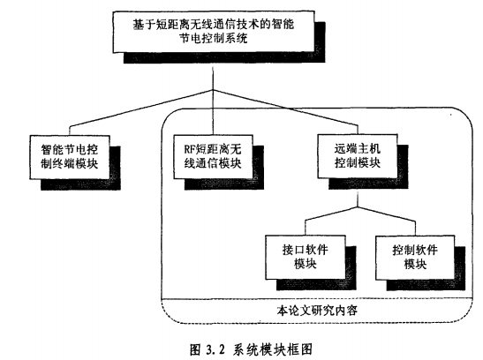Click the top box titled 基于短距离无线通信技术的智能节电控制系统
[x=214, y=32]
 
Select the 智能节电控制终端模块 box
[x=70, y=157]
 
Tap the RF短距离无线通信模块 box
[x=213, y=156]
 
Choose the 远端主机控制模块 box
[x=358, y=156]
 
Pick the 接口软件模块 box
[x=306, y=258]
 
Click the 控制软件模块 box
[x=415, y=258]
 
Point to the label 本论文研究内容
[x=317, y=311]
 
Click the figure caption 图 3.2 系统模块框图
[x=251, y=349]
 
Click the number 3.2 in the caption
[x=215, y=349]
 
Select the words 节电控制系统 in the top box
[x=214, y=39]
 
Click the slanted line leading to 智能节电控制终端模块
[x=141, y=108]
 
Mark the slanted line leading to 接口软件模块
[x=331, y=214]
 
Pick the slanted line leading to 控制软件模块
[x=386, y=214]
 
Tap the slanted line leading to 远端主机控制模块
[x=285, y=108]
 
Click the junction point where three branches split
[x=213, y=90]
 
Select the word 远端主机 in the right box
[x=358, y=149]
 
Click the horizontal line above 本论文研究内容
[x=317, y=298]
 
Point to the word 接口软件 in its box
[x=306, y=251]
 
